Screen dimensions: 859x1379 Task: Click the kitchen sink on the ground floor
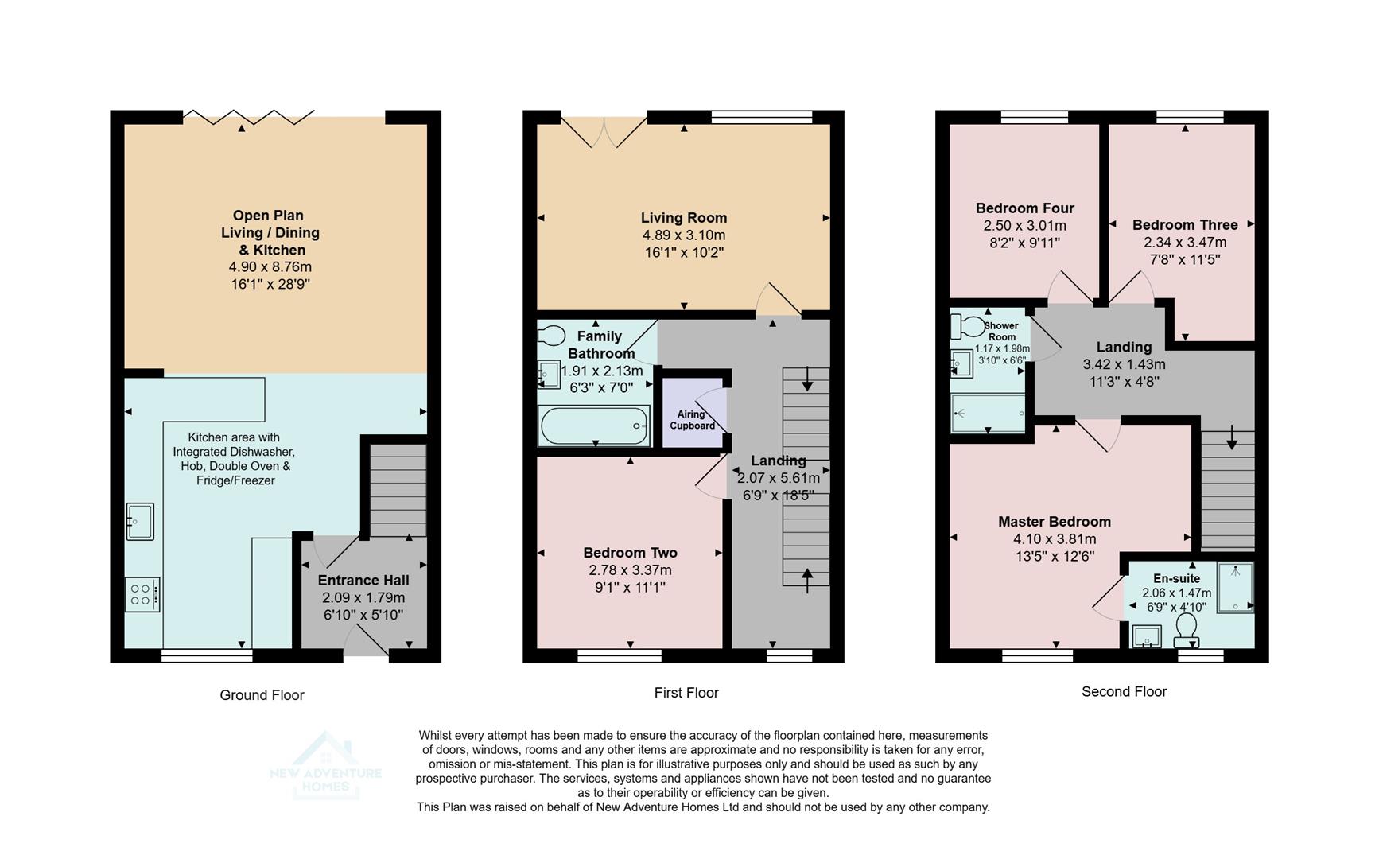pos(140,522)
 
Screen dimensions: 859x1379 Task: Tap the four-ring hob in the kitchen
pos(142,594)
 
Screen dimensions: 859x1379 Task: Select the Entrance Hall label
pos(363,581)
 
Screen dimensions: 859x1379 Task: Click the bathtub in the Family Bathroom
pos(594,426)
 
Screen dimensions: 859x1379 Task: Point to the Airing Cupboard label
pos(692,420)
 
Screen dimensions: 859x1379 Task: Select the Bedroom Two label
pos(630,553)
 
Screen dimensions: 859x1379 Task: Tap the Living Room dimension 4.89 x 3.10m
pos(684,235)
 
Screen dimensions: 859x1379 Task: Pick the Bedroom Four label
pos(1024,208)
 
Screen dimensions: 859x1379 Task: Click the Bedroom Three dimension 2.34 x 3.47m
pos(1184,243)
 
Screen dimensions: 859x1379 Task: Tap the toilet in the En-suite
pos(1187,628)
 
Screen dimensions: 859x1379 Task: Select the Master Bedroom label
pos(1054,522)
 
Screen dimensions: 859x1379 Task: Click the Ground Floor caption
pos(262,695)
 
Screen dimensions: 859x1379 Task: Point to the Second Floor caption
pos(1123,692)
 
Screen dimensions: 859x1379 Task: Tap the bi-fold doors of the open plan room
pos(248,118)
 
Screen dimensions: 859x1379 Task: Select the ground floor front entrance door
pos(366,640)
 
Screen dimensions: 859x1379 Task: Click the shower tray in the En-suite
pos(1234,587)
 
